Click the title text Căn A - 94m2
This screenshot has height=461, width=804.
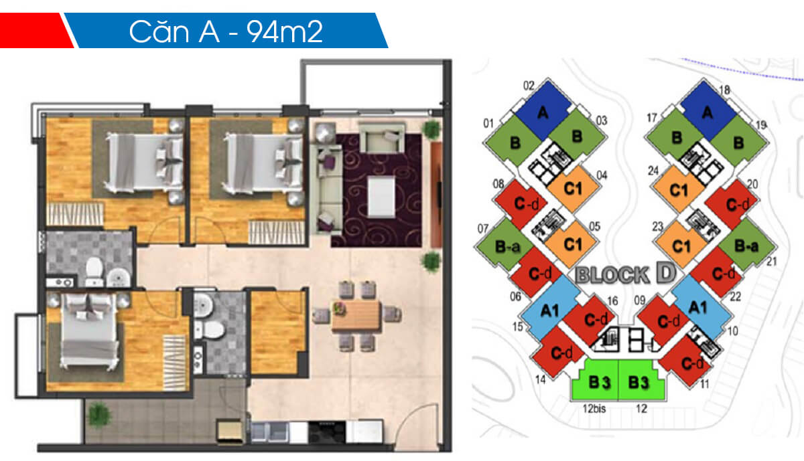point(226,31)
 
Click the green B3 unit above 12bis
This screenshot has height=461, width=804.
point(594,382)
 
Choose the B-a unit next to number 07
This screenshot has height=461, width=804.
point(507,246)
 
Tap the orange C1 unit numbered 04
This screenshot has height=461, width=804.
point(572,188)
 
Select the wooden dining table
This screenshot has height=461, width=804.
point(356,314)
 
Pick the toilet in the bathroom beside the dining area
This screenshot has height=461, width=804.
point(214,329)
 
